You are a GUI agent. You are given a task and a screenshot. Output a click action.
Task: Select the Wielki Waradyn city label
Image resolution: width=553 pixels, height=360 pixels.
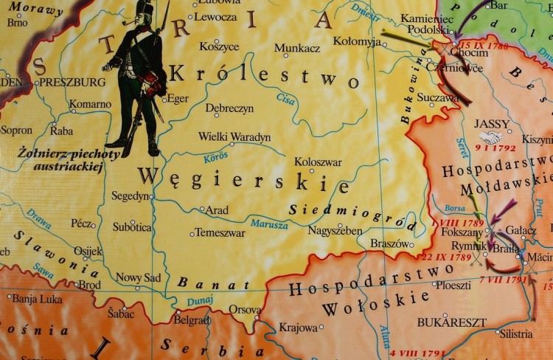234,137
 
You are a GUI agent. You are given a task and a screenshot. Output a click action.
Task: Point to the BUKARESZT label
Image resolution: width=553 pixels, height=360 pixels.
452,322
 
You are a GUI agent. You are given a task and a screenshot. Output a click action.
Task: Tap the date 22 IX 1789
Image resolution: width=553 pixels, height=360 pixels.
445,257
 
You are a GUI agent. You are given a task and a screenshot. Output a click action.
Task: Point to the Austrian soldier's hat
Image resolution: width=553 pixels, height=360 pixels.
145,10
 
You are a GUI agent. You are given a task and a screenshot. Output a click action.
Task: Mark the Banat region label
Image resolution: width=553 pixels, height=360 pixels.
213,283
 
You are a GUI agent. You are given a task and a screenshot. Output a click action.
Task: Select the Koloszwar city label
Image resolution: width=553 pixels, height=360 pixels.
318,162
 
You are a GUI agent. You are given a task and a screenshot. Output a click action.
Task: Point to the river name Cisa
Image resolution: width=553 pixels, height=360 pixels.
285,98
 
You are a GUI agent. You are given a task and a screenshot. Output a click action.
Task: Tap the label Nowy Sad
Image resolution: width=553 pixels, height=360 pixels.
138,277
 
